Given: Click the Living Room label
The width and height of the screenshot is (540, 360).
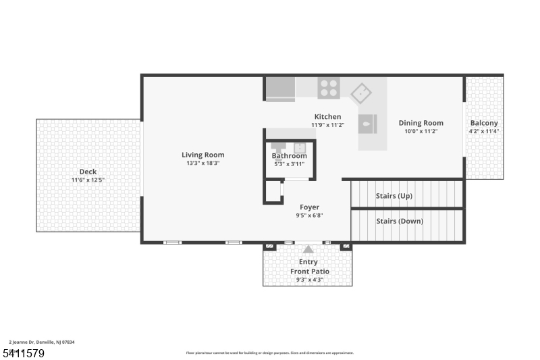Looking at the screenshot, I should coord(202,155).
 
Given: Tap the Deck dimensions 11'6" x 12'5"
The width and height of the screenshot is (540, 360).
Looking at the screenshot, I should coord(88,180).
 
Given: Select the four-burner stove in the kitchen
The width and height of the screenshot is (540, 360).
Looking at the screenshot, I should coord(329,88).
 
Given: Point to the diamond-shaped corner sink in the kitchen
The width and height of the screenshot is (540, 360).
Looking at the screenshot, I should coord(362,93).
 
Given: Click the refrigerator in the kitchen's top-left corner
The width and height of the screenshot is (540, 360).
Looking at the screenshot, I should coord(279,88).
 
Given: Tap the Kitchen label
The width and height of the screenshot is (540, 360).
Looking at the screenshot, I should coord(327,117).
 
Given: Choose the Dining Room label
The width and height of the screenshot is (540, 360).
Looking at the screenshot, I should coord(421,123).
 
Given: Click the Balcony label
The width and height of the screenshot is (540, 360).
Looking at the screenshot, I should coord(484,123).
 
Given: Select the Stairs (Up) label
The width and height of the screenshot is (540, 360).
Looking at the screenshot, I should coord(394,196).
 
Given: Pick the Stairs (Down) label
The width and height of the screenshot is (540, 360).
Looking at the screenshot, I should coord(399,221).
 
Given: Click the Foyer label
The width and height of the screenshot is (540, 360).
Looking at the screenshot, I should coord(309,207).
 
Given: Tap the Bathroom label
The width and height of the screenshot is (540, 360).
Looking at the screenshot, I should coord(289,156).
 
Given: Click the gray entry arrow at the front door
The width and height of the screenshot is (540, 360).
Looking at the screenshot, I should coord(308,249).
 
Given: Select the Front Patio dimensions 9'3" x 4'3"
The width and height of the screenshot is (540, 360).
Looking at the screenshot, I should coord(309,280).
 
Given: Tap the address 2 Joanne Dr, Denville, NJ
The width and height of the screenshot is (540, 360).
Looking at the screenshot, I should coord(42,342).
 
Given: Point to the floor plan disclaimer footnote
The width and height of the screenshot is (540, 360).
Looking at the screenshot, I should coord(269,353).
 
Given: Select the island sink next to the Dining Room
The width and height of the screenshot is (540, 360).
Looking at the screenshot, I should coord(367,124).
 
